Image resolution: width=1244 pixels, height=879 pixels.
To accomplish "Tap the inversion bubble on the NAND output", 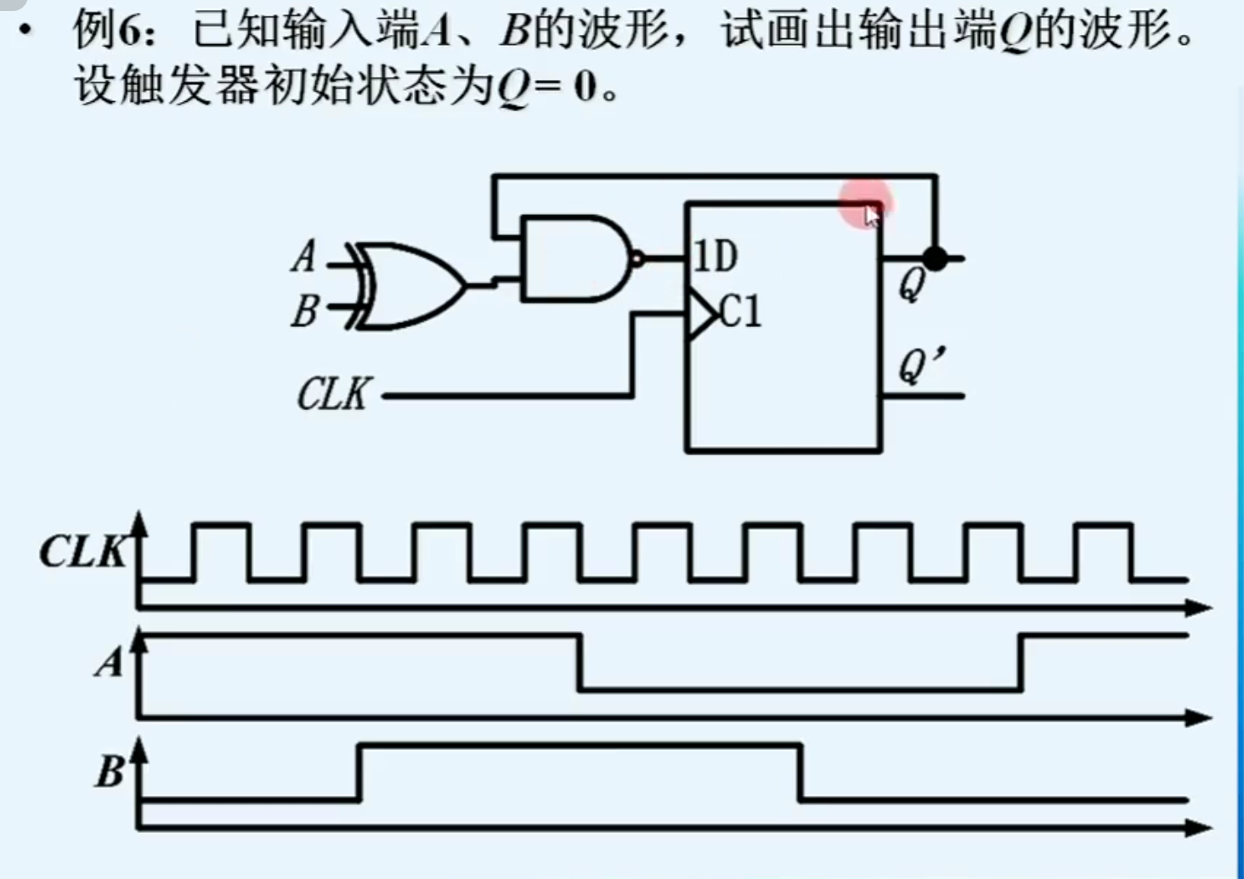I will click(x=636, y=258).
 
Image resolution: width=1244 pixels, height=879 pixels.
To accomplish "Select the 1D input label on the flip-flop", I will click(x=715, y=256).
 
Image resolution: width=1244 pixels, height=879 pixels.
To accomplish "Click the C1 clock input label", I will click(x=741, y=312).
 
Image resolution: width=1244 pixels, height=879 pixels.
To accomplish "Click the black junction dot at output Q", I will click(x=935, y=258).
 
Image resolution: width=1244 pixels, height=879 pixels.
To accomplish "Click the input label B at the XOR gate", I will click(x=303, y=311).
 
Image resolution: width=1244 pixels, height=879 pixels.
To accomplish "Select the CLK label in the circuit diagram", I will click(x=333, y=394).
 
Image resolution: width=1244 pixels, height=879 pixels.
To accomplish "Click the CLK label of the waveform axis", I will click(x=82, y=552).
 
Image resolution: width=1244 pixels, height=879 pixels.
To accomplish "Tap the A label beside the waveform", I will click(x=109, y=662).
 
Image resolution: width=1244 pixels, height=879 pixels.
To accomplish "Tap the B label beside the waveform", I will click(x=109, y=771).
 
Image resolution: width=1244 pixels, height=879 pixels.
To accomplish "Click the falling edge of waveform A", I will click(x=580, y=662).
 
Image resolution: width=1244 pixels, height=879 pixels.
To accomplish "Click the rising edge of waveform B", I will click(x=359, y=772).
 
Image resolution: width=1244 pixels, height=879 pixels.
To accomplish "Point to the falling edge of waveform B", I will click(x=800, y=772).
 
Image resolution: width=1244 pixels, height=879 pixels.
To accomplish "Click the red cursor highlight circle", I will click(x=865, y=204).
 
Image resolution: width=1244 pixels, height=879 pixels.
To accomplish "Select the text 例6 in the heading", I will click(x=105, y=31).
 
